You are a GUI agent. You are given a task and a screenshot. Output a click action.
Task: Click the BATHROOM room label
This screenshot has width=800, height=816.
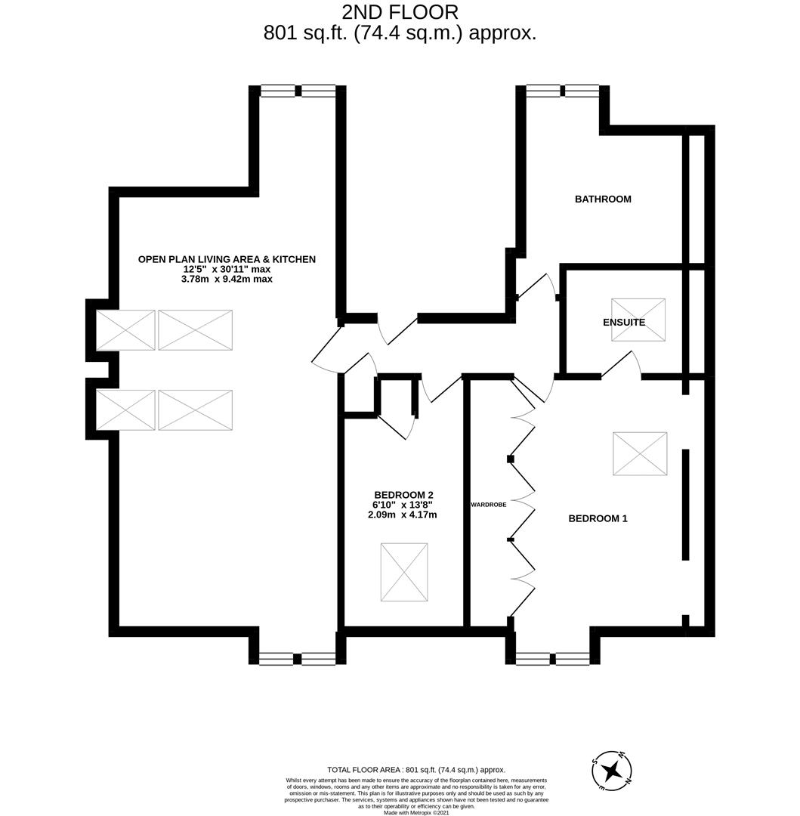pyautogui.click(x=602, y=199)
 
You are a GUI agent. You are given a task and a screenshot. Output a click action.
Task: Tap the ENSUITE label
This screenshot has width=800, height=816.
pyautogui.click(x=624, y=323)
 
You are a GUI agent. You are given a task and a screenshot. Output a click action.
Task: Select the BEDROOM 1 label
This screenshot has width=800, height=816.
pyautogui.click(x=598, y=518)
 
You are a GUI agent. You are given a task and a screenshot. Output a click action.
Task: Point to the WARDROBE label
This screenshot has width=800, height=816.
pyautogui.click(x=488, y=504)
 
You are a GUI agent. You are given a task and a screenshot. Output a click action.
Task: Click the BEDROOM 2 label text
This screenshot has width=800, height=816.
pyautogui.click(x=403, y=495)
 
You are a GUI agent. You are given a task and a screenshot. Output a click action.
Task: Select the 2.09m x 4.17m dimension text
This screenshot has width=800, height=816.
pyautogui.click(x=402, y=515)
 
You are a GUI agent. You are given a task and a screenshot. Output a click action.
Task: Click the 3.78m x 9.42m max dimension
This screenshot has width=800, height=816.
pyautogui.click(x=227, y=279)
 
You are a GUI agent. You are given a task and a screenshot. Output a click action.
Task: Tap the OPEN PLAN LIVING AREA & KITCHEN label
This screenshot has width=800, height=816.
pyautogui.click(x=227, y=259)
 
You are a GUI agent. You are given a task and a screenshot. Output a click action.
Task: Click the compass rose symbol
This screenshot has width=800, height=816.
pyautogui.click(x=612, y=771)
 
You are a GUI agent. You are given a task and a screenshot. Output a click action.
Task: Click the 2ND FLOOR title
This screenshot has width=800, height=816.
pyautogui.click(x=400, y=12)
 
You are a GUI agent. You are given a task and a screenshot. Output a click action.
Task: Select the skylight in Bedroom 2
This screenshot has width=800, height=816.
pyautogui.click(x=404, y=572)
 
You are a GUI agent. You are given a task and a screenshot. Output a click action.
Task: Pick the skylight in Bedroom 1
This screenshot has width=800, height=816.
pyautogui.click(x=640, y=453)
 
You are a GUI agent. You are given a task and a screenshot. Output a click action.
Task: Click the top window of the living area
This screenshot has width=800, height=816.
pyautogui.click(x=298, y=91)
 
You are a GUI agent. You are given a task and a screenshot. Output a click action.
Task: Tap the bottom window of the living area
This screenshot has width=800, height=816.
pyautogui.click(x=298, y=659)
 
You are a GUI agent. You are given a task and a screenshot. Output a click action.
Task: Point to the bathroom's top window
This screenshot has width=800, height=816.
pyautogui.click(x=563, y=91)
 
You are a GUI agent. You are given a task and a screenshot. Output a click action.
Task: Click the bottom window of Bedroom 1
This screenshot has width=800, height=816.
pyautogui.click(x=552, y=659)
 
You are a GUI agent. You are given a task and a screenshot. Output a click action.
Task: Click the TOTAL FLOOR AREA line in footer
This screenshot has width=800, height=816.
pyautogui.click(x=416, y=770)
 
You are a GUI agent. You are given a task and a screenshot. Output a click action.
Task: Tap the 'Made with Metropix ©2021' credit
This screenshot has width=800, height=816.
pyautogui.click(x=416, y=813)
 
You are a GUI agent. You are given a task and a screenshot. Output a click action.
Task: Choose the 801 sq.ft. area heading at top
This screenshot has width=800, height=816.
pyautogui.click(x=400, y=33)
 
